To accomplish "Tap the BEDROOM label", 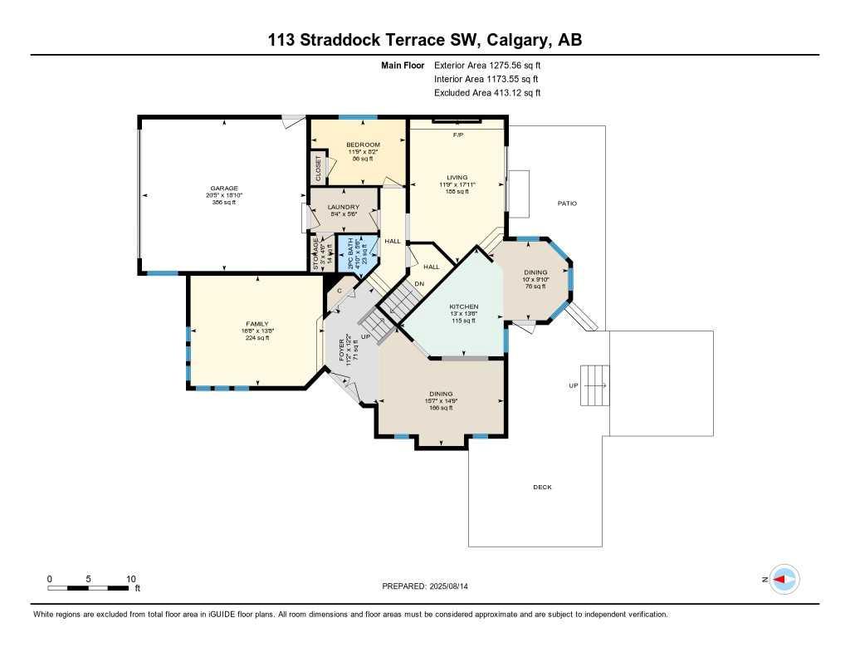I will coord(363,145).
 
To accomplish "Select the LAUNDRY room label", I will coord(343,207).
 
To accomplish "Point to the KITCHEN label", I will coord(464,306).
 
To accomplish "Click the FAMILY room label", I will coord(256,324).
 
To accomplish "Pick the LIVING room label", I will coord(457,178).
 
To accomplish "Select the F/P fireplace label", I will coord(457,135).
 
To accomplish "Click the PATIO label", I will coord(567,203).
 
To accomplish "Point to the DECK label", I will coord(542,488).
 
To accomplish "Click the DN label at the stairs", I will coord(419,284).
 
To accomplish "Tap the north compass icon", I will coord(784,580).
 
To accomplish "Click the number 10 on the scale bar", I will coord(130,579).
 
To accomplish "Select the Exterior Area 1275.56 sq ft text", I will coord(487,65).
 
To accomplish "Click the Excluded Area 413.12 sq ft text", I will coord(487,93).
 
